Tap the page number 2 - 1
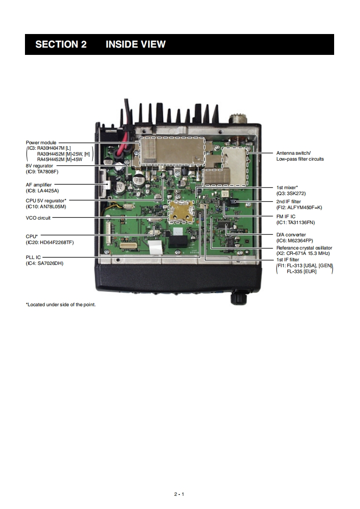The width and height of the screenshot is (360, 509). coord(179,494)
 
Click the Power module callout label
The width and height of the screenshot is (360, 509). coord(41,142)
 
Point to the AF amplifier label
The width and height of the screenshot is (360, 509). coord(39,185)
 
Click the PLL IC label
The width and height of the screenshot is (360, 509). coord(33,257)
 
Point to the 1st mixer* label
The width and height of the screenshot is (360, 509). coord(287,187)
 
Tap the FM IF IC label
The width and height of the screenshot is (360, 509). coord(286,217)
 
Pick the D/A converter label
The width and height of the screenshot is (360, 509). coord(291,235)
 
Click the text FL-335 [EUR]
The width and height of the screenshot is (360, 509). coord(301,271)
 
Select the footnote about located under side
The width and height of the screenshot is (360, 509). coord(61,304)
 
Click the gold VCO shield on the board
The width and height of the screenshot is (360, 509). coord(180,211)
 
